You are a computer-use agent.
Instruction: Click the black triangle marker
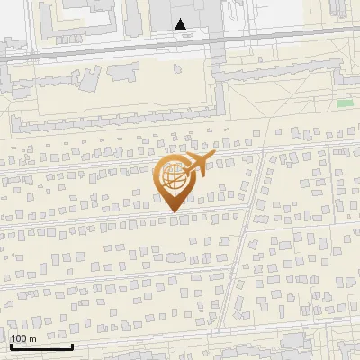tap(181, 24)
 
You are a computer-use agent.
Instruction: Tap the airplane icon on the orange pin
tap(200, 163)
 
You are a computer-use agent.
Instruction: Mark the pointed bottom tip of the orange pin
tap(174, 211)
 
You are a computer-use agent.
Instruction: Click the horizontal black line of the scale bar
tap(41, 346)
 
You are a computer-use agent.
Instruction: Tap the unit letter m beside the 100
tap(32, 338)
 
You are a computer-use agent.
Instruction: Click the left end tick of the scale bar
tap(11, 344)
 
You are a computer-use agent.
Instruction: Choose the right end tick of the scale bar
tap(72, 344)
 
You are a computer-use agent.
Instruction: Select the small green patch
tap(345, 103)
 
